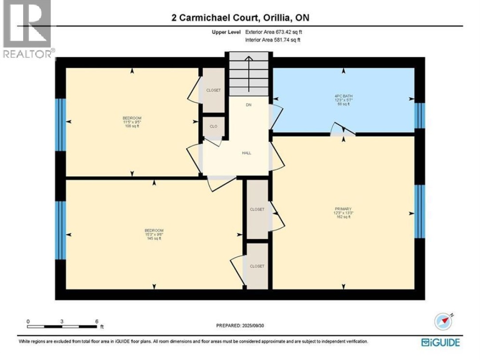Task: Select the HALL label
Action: click(246, 153)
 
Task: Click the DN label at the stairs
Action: click(248, 105)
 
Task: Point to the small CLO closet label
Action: click(213, 126)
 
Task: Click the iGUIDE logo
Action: click(440, 342)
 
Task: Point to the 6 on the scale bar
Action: click(96, 321)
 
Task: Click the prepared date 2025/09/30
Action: click(240, 325)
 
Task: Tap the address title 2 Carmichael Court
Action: click(240, 18)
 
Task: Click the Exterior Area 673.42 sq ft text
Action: click(273, 32)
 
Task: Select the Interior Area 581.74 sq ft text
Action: click(272, 40)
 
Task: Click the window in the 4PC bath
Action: click(419, 116)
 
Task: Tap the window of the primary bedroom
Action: click(419, 212)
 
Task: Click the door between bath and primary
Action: click(344, 131)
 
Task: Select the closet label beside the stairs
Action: click(213, 90)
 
